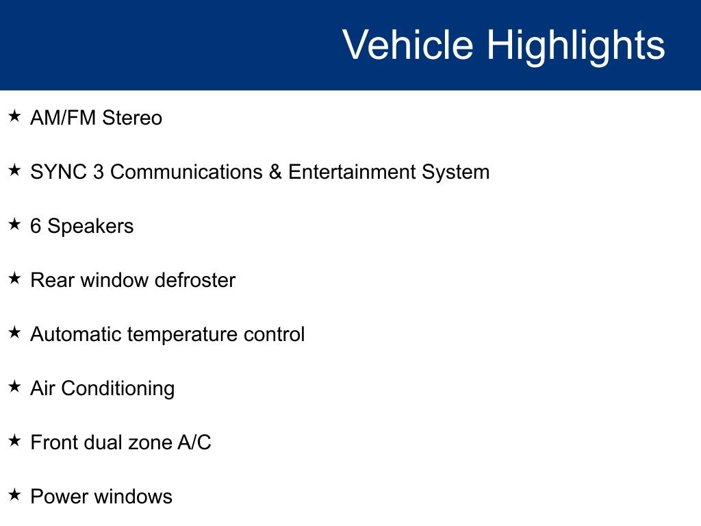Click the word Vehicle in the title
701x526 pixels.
click(x=408, y=45)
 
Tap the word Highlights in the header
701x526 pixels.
click(x=576, y=47)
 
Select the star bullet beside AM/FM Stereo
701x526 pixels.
click(x=15, y=116)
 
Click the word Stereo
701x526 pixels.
click(x=132, y=118)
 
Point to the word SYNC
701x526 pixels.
click(x=58, y=172)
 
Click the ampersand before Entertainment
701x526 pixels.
click(x=275, y=172)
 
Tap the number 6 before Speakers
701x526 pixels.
click(x=36, y=226)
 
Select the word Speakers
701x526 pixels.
click(x=90, y=227)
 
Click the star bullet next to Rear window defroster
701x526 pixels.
click(x=15, y=278)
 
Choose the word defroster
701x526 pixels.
click(x=195, y=280)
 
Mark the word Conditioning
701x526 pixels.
click(x=118, y=389)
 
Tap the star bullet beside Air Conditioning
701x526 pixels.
click(x=15, y=386)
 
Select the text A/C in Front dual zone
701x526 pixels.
click(x=194, y=442)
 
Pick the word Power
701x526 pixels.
click(x=59, y=497)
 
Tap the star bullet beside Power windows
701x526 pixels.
click(x=15, y=494)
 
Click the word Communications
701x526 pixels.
click(x=186, y=172)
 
